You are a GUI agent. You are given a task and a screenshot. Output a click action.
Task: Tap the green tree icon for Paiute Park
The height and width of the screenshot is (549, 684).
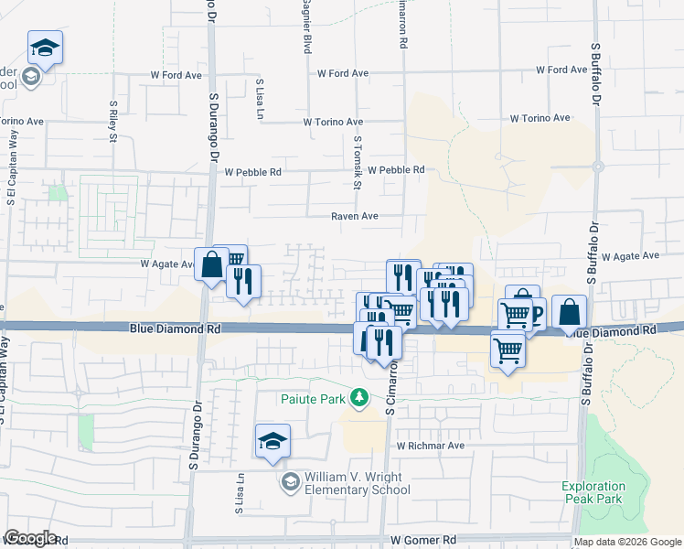tap(361, 397)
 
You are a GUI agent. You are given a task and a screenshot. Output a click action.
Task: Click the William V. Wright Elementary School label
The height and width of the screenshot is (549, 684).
tap(358, 482)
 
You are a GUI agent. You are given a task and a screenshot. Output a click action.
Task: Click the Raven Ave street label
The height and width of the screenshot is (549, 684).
tap(355, 217)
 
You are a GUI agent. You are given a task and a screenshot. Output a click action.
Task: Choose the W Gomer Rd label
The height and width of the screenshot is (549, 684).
tap(422, 541)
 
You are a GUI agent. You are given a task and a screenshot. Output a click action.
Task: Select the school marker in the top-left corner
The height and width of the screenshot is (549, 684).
tap(43, 48)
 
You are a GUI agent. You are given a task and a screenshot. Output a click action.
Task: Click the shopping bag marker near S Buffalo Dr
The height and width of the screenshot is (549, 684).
tap(569, 312)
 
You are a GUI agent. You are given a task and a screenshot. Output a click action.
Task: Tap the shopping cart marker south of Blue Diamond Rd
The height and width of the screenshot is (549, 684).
tap(508, 349)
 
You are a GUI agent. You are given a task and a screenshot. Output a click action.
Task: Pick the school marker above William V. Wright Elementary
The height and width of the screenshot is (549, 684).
tap(273, 442)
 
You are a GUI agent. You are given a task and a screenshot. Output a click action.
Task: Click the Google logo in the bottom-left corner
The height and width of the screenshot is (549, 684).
tap(30, 538)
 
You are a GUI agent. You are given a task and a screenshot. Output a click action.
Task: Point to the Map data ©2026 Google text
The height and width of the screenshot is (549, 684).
tap(627, 542)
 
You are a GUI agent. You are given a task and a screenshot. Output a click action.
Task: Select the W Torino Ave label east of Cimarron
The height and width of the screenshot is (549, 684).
tap(540, 119)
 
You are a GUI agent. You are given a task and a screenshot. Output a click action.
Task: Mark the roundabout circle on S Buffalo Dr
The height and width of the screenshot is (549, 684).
tap(597, 167)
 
